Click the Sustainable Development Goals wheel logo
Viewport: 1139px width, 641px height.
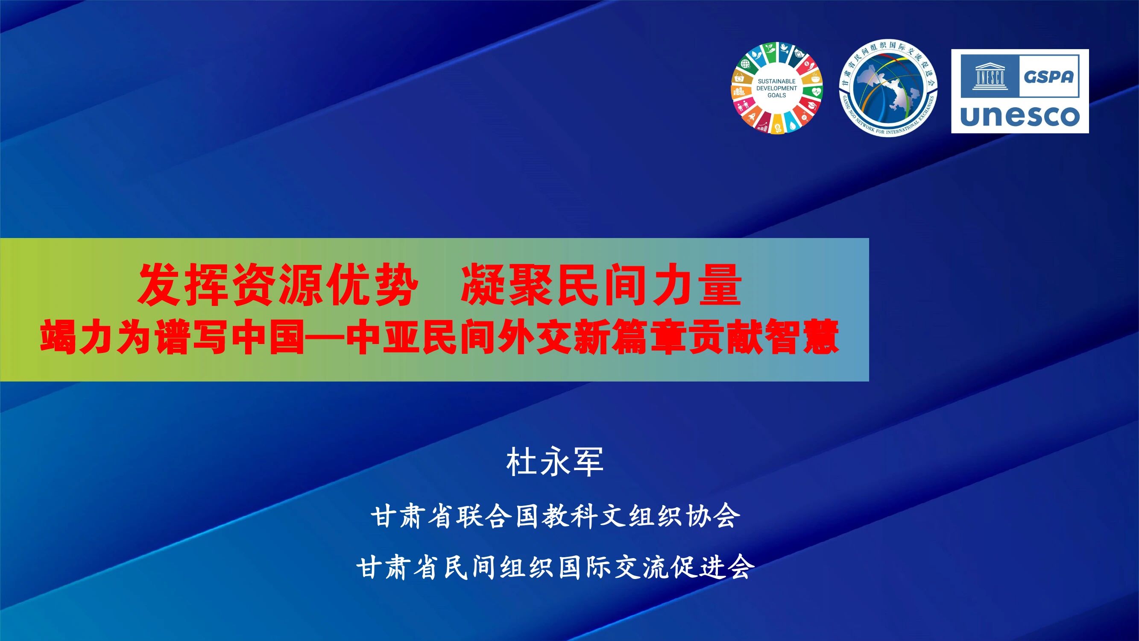point(777,88)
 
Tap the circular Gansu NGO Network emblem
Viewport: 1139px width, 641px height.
point(888,88)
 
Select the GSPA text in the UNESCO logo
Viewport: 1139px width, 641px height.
point(1048,76)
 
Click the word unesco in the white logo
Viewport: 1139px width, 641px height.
point(1020,116)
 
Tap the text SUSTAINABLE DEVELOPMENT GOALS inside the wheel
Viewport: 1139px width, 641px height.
point(777,88)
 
